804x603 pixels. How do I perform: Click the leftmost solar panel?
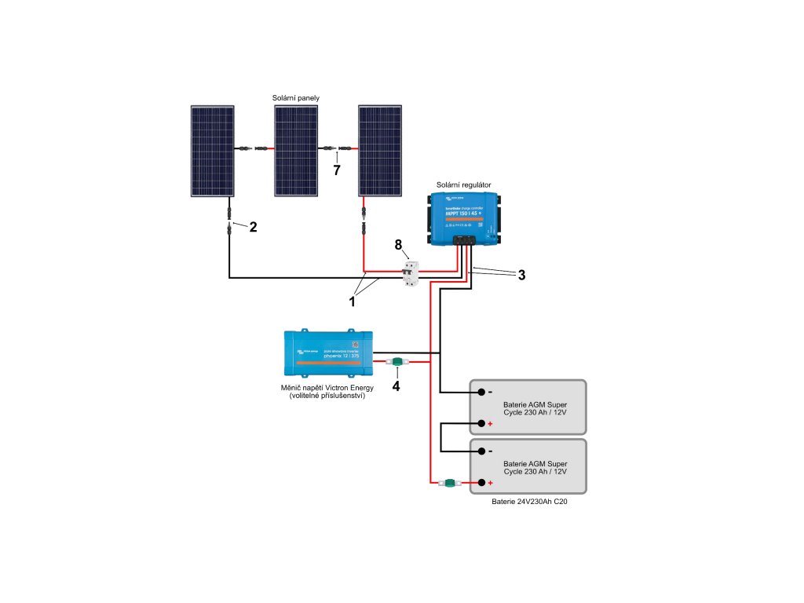[x=212, y=152]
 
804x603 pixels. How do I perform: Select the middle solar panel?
[x=296, y=152]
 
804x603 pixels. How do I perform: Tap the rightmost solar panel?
[x=380, y=152]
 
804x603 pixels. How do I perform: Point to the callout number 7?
[x=337, y=170]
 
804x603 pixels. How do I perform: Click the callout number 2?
[x=253, y=228]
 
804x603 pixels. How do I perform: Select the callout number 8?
[x=399, y=246]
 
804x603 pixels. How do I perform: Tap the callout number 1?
[x=353, y=299]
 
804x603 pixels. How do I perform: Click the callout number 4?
[x=397, y=386]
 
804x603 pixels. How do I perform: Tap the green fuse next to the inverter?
[x=397, y=363]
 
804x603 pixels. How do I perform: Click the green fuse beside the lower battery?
[x=450, y=483]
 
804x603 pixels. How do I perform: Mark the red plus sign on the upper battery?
[x=491, y=424]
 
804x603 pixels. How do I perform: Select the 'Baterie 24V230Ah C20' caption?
[x=528, y=501]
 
